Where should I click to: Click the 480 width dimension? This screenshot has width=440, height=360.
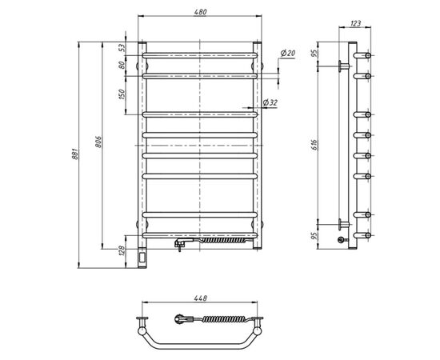point(198,10)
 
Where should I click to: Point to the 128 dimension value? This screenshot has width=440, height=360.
point(122,254)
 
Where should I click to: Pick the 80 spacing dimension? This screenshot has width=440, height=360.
point(122,66)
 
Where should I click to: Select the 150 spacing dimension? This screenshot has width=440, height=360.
point(122,94)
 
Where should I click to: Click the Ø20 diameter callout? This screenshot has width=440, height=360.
point(287,53)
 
